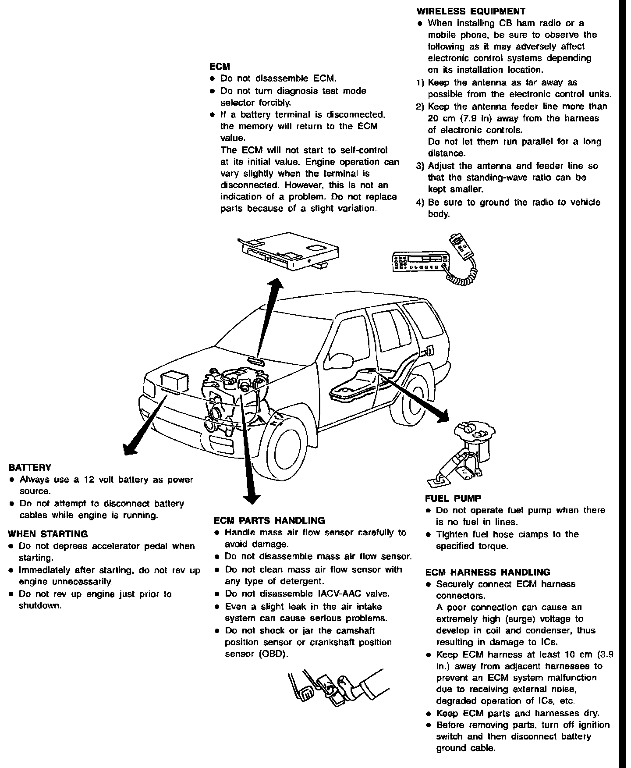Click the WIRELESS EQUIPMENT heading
tap(471, 11)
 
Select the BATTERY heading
tap(29, 467)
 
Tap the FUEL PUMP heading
tap(453, 498)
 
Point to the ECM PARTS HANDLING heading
tap(269, 521)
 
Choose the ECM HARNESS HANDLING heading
tap(487, 572)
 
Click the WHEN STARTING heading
tap(48, 534)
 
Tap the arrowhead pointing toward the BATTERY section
tap(130, 448)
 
